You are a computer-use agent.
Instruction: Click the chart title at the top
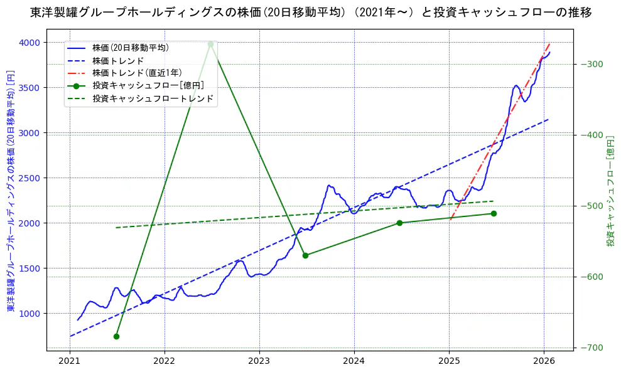(x=311, y=12)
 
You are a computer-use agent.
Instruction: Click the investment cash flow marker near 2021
(x=116, y=336)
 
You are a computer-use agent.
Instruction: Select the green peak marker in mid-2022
(x=210, y=45)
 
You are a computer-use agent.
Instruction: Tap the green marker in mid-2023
(x=305, y=255)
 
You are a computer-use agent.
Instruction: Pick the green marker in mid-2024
(x=399, y=223)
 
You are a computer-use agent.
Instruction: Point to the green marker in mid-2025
(x=494, y=213)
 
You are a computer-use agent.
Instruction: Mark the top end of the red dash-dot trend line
(x=549, y=43)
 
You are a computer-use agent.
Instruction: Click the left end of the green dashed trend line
(x=117, y=228)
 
